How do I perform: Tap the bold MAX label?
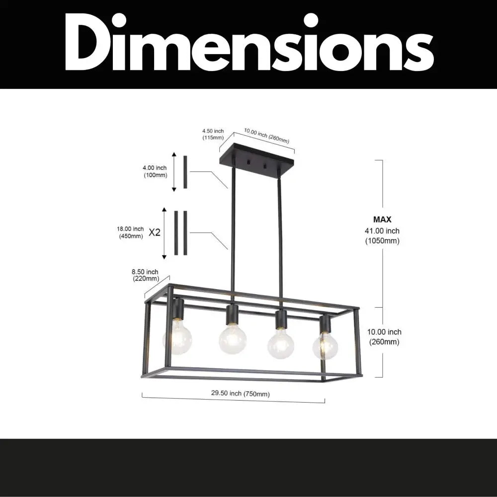382,219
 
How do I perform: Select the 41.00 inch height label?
382,231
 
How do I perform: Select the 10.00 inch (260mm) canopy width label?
266,136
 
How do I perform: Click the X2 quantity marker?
155,232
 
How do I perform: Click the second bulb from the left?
233,339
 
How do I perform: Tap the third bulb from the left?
281,343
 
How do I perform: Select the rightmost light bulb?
326,345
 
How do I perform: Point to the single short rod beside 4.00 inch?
185,172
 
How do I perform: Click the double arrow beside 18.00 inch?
165,234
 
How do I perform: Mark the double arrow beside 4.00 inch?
174,172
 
